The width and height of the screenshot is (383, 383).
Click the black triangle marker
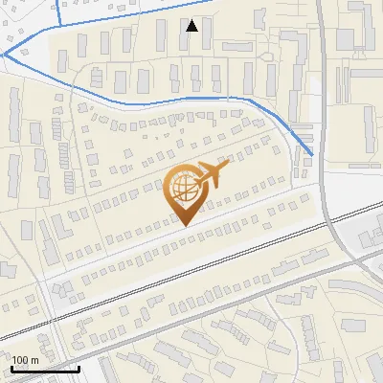click(x=192, y=26)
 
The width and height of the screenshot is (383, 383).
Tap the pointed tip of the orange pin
click(x=185, y=225)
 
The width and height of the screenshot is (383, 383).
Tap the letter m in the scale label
click(x=34, y=359)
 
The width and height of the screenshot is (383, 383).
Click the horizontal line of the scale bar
click(x=44, y=368)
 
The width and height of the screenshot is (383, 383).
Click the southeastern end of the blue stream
click(x=313, y=154)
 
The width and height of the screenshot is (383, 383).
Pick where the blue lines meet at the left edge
click(x=4, y=55)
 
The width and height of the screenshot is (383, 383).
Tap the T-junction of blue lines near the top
click(x=59, y=24)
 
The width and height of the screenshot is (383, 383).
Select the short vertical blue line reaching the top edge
click(x=58, y=10)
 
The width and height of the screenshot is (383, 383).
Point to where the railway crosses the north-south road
click(x=337, y=221)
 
